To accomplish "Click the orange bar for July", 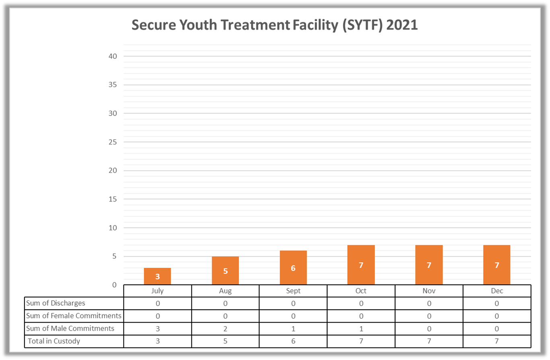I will click(157, 276).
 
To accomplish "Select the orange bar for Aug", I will click(225, 271).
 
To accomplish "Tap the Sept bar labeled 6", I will click(293, 268).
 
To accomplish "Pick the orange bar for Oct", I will click(361, 265).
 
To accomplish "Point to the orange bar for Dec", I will click(497, 265).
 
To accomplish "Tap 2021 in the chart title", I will click(402, 25).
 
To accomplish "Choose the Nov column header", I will click(429, 291).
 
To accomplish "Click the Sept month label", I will click(293, 291).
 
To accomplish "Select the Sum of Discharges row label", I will click(56, 303).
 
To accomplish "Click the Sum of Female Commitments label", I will click(74, 316).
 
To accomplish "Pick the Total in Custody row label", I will click(54, 341).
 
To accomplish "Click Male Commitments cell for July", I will click(158, 329).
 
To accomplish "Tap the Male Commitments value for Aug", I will click(225, 329).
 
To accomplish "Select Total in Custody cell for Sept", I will click(293, 341).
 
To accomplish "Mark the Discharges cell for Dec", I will click(497, 303).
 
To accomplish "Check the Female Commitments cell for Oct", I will click(361, 316).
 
